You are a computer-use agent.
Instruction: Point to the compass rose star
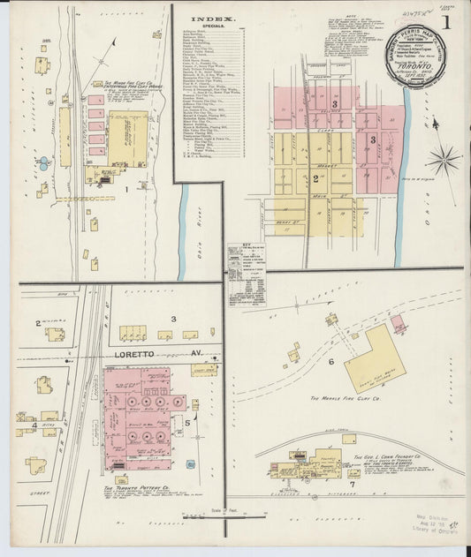tap(443, 162)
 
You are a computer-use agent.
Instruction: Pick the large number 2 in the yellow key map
tap(315, 177)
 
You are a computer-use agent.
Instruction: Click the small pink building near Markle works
tap(399, 324)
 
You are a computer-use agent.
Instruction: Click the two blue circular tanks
tap(43, 165)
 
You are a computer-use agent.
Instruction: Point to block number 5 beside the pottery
tap(187, 422)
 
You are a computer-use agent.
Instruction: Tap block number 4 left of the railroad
tap(34, 425)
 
